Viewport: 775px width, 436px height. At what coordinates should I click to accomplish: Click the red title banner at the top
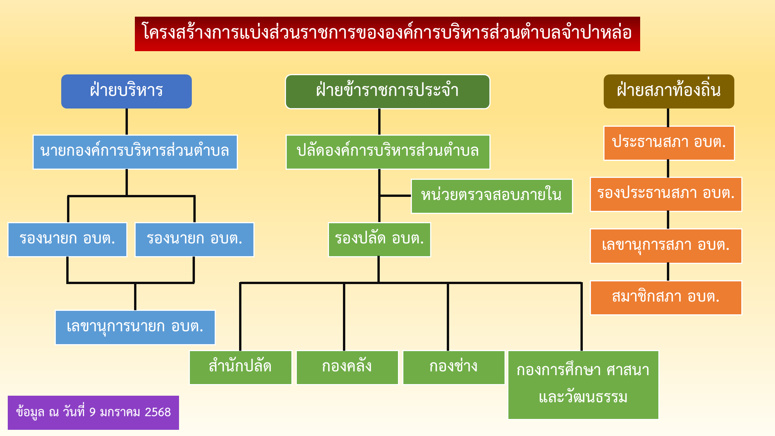(387, 34)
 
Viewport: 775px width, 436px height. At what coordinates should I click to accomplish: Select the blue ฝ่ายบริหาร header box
(126, 91)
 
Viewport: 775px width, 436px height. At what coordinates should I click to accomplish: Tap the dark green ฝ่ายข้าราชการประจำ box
(387, 91)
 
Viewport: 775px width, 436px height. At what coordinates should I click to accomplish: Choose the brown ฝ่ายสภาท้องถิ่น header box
(669, 91)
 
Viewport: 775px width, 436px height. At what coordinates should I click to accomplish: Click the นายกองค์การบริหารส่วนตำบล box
(135, 152)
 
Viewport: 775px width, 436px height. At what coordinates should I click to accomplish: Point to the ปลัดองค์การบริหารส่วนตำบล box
(388, 152)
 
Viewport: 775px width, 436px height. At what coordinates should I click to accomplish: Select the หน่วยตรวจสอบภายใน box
(492, 196)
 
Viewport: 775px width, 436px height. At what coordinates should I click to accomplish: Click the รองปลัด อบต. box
(379, 240)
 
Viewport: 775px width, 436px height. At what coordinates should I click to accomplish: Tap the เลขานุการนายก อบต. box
(135, 327)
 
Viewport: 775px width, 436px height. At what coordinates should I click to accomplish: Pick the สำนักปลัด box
(241, 367)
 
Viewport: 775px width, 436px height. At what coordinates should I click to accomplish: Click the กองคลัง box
(347, 367)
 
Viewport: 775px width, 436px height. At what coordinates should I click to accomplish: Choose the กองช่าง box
(454, 367)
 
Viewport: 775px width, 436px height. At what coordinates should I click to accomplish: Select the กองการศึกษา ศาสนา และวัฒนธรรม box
(583, 385)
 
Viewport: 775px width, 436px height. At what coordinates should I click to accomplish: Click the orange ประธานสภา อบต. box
(669, 143)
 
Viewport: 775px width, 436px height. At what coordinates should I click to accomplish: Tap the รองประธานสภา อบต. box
(666, 194)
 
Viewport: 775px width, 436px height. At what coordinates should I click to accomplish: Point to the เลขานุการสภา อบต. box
(666, 246)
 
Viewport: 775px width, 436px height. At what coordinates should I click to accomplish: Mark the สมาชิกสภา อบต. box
(666, 298)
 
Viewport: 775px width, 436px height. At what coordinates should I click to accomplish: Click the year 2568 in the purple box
(158, 412)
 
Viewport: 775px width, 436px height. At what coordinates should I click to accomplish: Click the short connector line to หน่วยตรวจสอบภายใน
(395, 196)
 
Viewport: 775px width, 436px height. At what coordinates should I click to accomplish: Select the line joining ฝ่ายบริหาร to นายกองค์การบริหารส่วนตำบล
(127, 122)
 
